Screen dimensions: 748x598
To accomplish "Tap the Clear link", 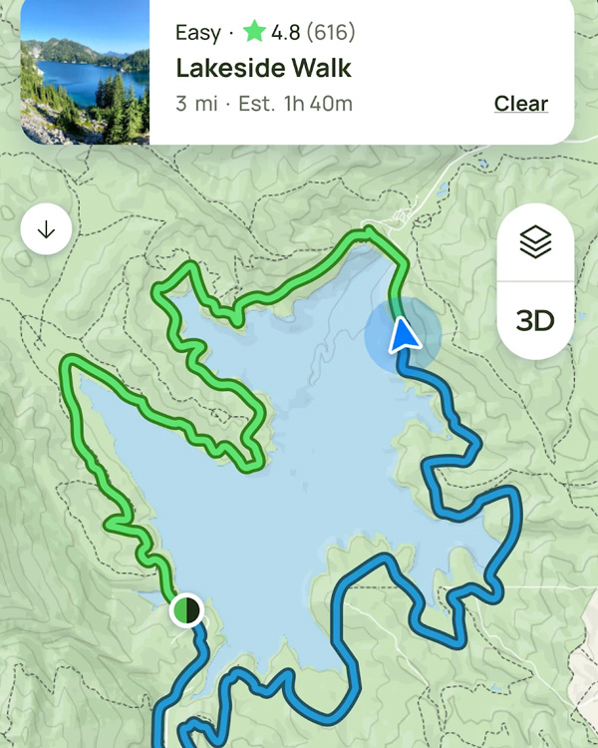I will [520, 104].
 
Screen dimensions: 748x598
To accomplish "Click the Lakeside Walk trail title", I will [263, 69].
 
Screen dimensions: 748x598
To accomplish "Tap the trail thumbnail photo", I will [84, 72].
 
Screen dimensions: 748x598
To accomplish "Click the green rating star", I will [254, 32].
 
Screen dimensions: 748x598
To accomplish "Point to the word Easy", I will [197, 33].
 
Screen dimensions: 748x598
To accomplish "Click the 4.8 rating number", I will [286, 33].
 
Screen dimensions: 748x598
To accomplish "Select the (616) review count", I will [330, 33].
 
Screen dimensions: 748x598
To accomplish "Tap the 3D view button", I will [535, 321].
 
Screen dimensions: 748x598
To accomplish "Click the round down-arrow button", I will [46, 229].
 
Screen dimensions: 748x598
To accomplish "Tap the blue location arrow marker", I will [403, 335].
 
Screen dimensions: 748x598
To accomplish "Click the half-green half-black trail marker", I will [186, 608].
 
